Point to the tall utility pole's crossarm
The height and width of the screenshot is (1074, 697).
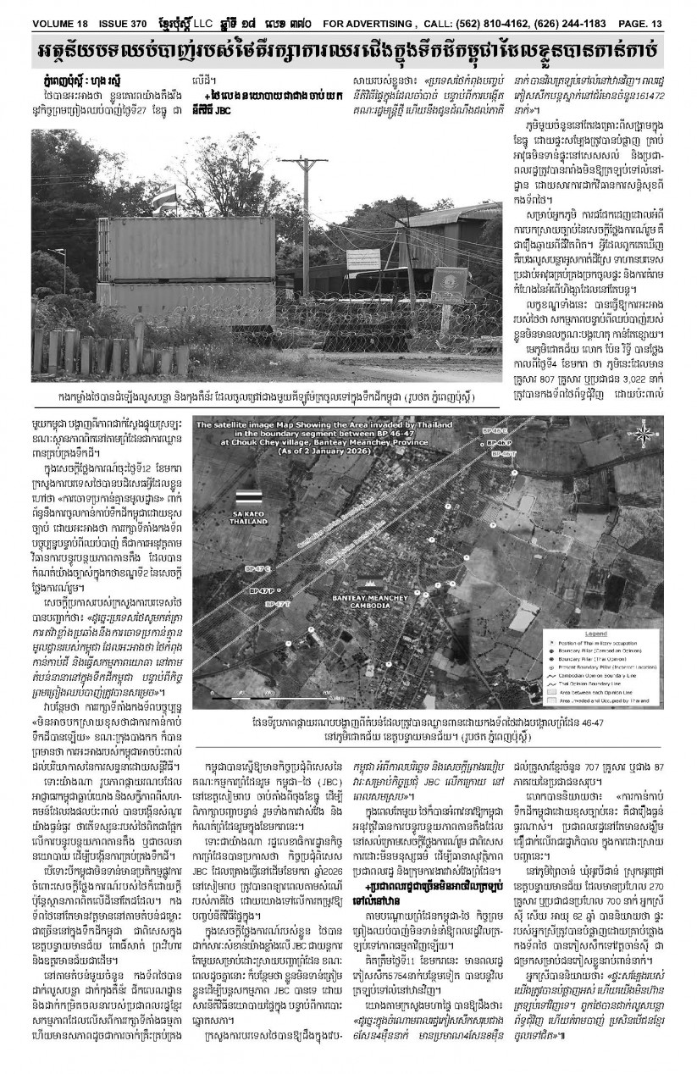coord(305,161)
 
